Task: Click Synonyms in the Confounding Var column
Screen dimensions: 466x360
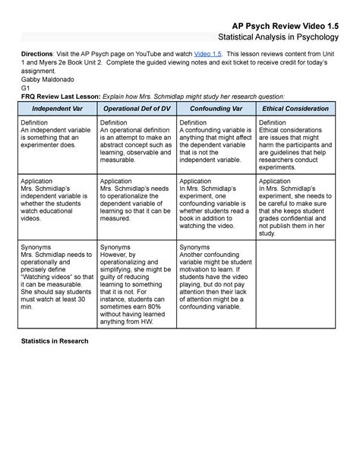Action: click(194, 248)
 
